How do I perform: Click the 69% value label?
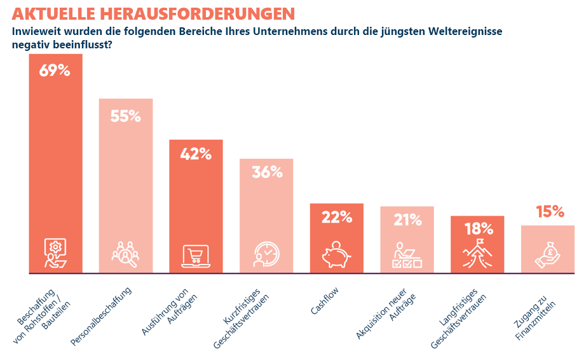point(55,71)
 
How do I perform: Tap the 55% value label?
point(125,116)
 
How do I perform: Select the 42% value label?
point(195,154)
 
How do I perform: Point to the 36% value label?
point(266,172)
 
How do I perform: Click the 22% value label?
point(336,217)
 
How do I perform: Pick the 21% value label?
point(407,220)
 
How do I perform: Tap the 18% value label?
point(477,229)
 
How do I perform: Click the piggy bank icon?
point(336,254)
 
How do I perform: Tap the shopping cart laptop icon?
point(195,255)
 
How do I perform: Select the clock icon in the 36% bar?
point(266,254)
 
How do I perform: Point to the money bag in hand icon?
point(548,254)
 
